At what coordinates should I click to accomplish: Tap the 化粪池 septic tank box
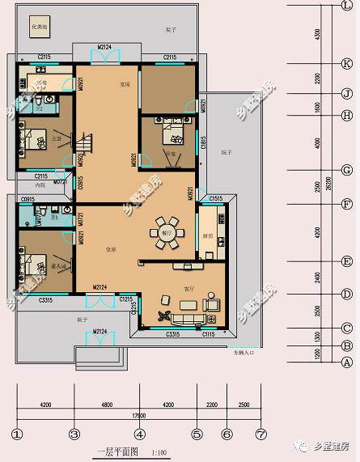(38, 28)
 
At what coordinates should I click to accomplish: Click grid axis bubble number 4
(140, 433)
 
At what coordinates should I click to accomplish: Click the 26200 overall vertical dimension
(328, 184)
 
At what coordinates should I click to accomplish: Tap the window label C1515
(215, 198)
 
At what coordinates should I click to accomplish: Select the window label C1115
(209, 334)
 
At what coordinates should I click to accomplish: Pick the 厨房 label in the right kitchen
(208, 236)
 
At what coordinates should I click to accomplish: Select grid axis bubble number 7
(260, 433)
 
